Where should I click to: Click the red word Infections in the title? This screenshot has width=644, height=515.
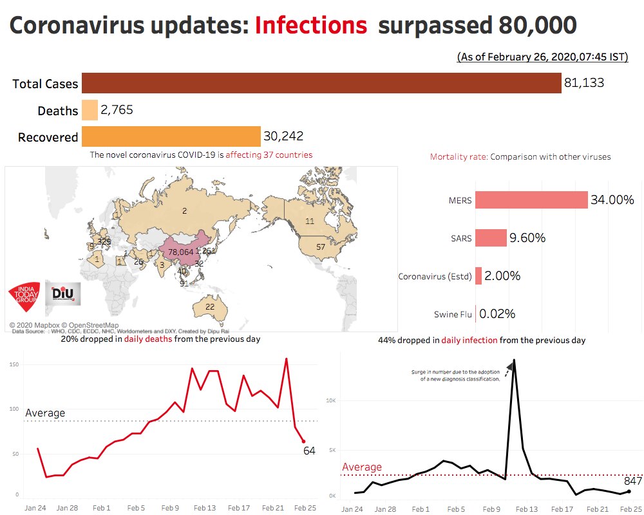[x=311, y=26]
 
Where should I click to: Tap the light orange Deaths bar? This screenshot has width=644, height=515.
[x=90, y=110]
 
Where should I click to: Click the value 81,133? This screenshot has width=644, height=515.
[x=584, y=84]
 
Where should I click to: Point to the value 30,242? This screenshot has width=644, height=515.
[x=283, y=136]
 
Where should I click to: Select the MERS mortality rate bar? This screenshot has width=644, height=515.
[x=531, y=200]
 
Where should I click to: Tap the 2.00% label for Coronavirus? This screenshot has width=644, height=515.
[x=502, y=276]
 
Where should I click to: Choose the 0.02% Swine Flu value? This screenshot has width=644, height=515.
[x=497, y=314]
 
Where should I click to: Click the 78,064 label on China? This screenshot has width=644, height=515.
[x=180, y=252]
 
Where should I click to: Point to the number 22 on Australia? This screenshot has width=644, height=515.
[x=210, y=307]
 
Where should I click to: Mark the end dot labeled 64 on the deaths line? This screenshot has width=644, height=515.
[x=303, y=441]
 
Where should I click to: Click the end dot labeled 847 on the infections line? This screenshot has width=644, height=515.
[x=629, y=491]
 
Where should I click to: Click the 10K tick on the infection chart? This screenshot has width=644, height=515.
[x=330, y=400]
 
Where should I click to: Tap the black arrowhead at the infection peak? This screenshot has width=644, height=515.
[x=510, y=366]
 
